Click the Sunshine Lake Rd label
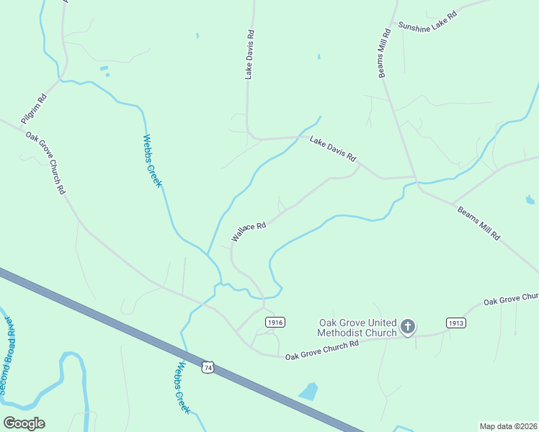428,24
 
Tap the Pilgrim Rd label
33,102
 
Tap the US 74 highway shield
208,367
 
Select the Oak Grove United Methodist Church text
357,328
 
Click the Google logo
24,423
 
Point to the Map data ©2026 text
508,426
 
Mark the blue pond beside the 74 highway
308,391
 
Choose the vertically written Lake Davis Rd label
250,54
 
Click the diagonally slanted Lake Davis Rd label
333,148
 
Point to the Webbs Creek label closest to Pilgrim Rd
152,161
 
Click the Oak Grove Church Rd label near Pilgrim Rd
45,163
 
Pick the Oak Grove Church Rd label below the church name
321,351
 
